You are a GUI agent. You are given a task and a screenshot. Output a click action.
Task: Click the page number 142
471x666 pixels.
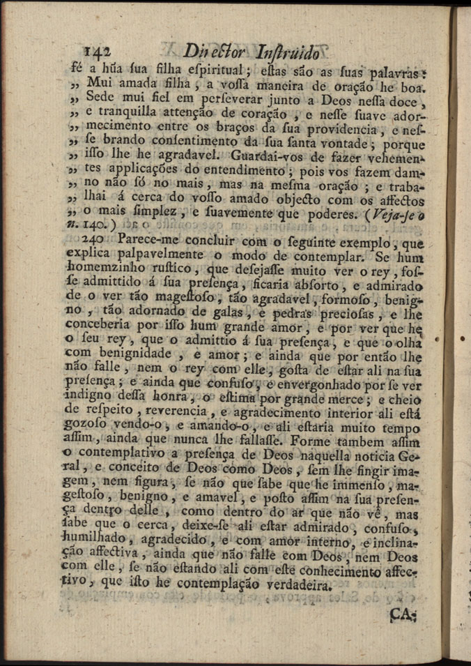coord(98,52)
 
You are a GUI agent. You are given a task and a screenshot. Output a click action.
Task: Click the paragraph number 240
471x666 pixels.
coord(101,239)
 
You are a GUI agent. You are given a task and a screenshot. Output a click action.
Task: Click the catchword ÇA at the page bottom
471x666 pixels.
coord(403,615)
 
